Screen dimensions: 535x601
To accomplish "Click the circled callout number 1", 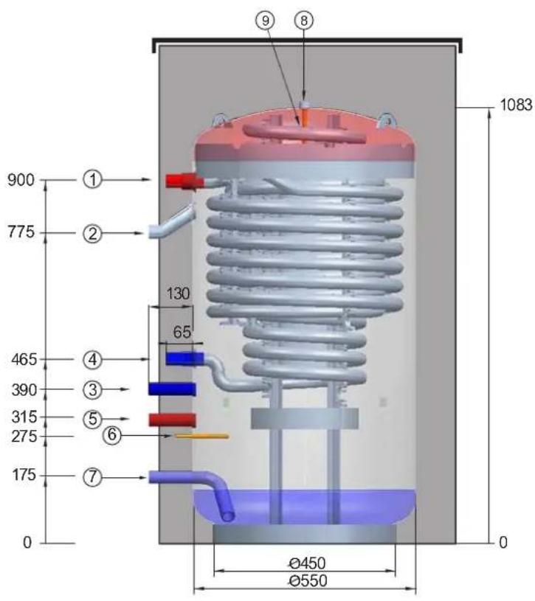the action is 92,179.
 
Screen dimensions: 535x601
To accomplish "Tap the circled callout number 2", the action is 92,233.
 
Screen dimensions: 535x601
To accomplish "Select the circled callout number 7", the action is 92,477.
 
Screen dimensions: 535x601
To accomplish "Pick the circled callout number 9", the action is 266,21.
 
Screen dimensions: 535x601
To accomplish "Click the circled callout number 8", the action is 304,21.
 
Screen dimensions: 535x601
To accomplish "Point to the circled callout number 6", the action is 112,435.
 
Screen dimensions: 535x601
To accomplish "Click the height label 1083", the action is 516,105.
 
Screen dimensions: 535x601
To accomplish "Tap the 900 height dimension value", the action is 21,180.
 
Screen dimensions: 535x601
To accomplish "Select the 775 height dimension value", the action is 21,232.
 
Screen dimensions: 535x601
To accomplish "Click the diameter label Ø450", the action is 307,563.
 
